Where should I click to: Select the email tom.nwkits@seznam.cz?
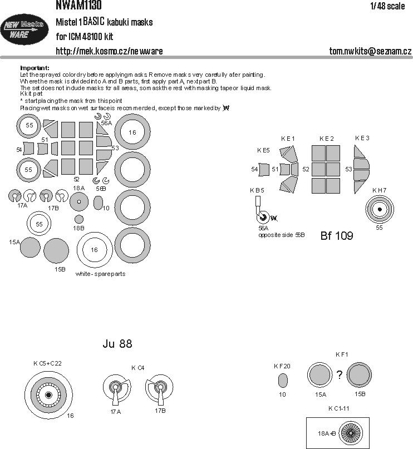coord(370,51)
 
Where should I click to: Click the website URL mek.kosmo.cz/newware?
coord(109,51)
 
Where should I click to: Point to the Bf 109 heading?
coord(337,235)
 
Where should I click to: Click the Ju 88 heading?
coord(117,343)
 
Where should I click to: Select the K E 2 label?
coord(327,138)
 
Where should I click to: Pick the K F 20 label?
coord(282,366)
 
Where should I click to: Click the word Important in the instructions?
coord(35,67)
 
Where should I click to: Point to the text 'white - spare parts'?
coord(100,274)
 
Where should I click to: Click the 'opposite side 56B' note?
coord(281,235)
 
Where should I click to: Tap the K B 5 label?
coord(257,190)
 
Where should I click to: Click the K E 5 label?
coord(264,150)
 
